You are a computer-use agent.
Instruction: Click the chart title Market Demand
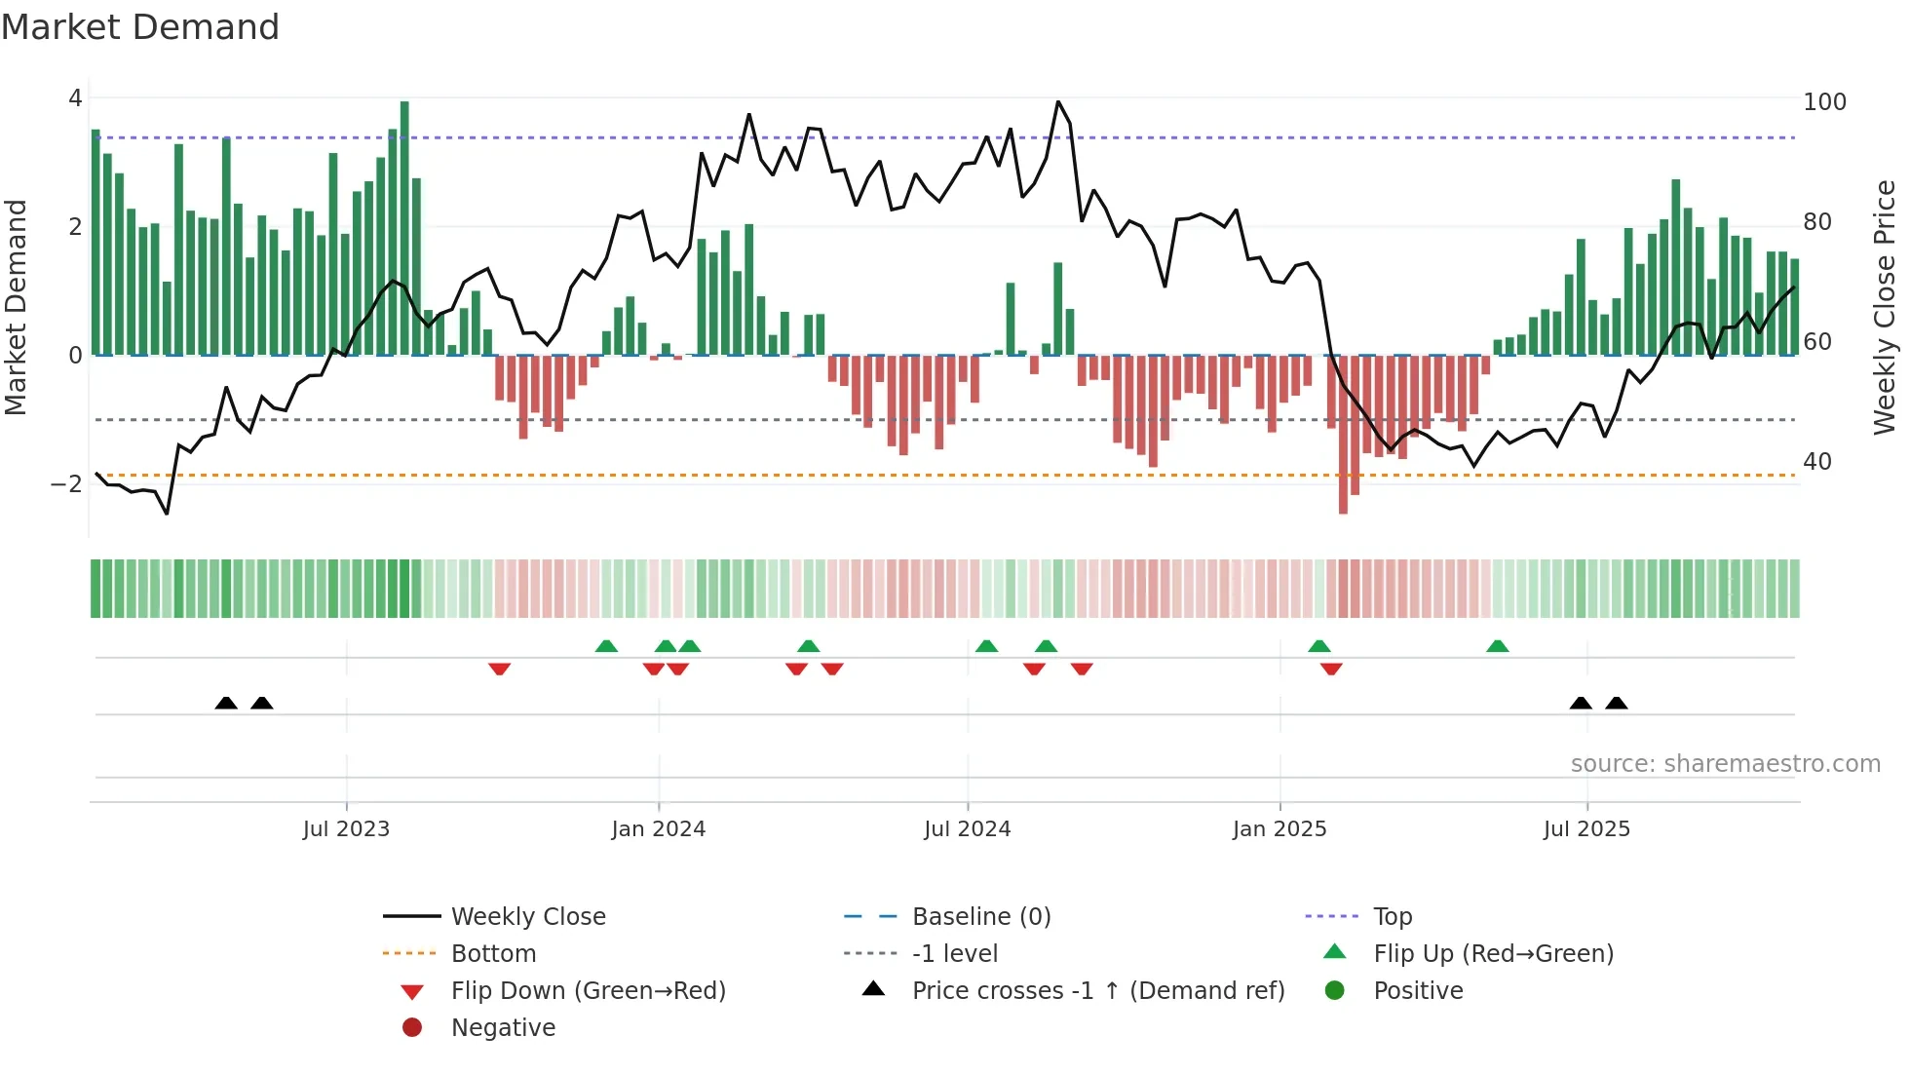pos(140,27)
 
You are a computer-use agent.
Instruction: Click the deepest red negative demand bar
pos(1343,434)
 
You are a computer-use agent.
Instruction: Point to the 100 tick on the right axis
pos(1824,102)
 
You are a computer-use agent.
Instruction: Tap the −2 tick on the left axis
pos(66,484)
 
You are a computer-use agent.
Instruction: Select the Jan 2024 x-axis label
pos(658,829)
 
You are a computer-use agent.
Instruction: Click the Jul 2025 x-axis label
pos(1586,829)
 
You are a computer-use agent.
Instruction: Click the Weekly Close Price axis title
pos(1885,307)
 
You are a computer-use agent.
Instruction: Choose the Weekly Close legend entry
pos(527,917)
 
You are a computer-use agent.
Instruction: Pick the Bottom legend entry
pos(493,954)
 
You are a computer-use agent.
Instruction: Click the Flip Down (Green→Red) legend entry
pos(588,991)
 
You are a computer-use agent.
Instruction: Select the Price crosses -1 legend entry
pos(1097,991)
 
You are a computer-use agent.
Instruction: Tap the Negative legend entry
pos(503,1028)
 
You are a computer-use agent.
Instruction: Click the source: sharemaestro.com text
pos(1725,764)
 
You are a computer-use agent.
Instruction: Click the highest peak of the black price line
pos(1058,102)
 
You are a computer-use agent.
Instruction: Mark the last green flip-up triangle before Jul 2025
pos(1498,646)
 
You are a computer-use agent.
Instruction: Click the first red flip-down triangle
pos(499,669)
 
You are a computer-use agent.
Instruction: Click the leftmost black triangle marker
pos(226,703)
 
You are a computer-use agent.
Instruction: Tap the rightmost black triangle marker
pos(1617,703)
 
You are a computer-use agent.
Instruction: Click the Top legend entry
pos(1392,917)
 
